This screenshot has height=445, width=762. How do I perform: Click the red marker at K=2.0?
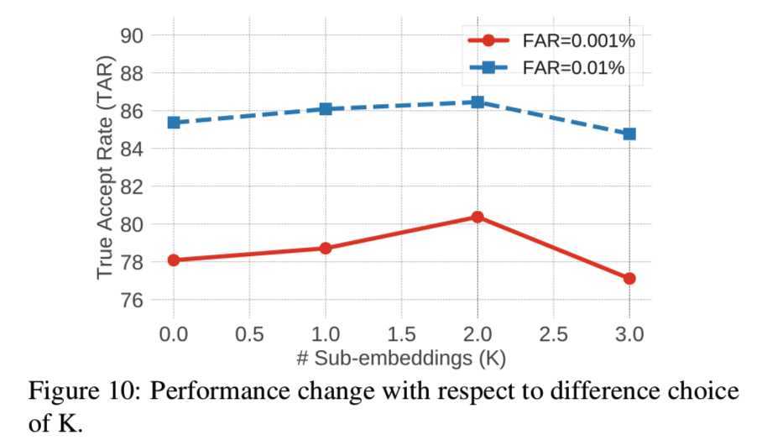click(x=478, y=217)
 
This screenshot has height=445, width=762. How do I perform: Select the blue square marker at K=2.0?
click(x=478, y=102)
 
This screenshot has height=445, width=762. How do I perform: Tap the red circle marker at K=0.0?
click(x=174, y=260)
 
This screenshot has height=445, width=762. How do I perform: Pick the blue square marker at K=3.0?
click(x=629, y=133)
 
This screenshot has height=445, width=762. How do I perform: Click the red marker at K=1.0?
click(x=326, y=249)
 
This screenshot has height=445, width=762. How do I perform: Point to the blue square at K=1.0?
click(x=326, y=109)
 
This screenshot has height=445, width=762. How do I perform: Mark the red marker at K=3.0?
click(x=629, y=278)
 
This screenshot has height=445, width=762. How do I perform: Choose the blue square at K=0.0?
click(x=174, y=123)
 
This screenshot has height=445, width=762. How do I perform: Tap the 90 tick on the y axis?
click(x=135, y=35)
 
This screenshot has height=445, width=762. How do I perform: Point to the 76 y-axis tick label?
click(x=135, y=300)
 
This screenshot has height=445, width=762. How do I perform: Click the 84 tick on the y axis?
click(x=135, y=149)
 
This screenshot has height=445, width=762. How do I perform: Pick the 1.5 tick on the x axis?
click(x=401, y=334)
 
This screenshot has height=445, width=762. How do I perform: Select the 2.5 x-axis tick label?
click(x=553, y=334)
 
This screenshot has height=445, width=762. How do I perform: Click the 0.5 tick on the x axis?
click(x=249, y=334)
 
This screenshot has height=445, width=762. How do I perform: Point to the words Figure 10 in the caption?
click(x=85, y=392)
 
